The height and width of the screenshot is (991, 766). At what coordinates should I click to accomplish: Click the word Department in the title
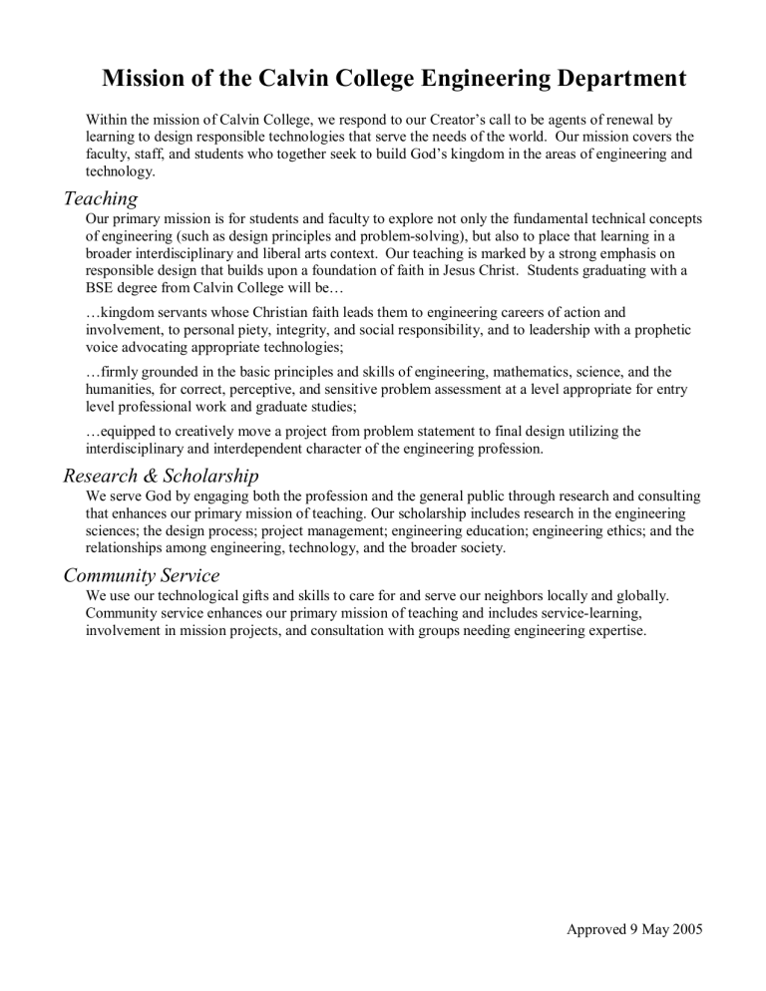click(602, 78)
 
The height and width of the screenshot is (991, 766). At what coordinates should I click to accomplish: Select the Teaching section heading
click(100, 198)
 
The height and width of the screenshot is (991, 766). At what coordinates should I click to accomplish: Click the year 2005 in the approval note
click(683, 929)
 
